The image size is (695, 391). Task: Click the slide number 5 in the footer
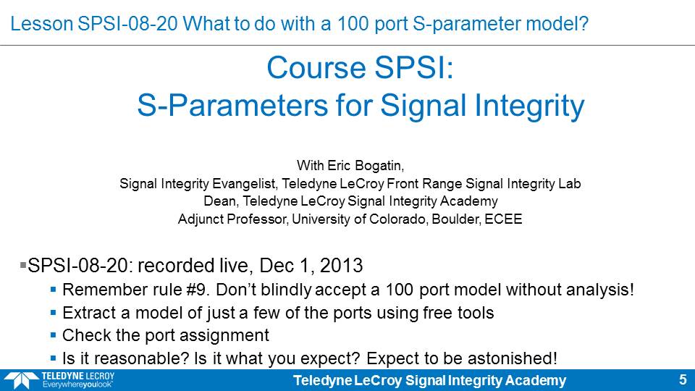pyautogui.click(x=683, y=380)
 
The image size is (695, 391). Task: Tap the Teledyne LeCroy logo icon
pyautogui.click(x=21, y=381)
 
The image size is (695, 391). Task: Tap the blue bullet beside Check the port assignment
pyautogui.click(x=53, y=335)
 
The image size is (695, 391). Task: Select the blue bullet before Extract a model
pyautogui.click(x=53, y=313)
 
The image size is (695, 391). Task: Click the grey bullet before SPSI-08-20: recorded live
pyautogui.click(x=23, y=265)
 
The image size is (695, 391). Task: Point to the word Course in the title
pyautogui.click(x=316, y=68)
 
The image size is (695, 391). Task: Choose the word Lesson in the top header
pyautogui.click(x=42, y=23)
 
